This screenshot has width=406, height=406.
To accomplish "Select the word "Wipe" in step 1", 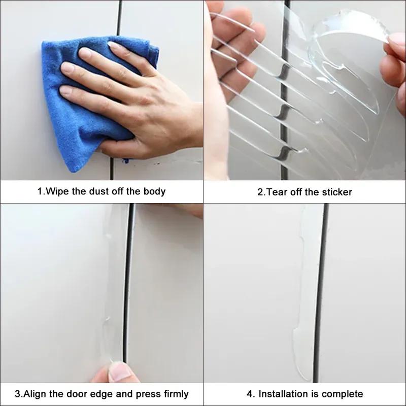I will [x=56, y=192].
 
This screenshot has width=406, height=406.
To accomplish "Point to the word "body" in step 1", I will [x=154, y=192].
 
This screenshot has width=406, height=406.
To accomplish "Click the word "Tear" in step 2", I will [x=278, y=192].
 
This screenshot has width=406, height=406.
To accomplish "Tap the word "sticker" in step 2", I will [x=336, y=192].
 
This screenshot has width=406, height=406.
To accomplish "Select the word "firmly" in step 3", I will [x=173, y=394].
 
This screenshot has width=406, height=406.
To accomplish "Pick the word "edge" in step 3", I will [x=109, y=394].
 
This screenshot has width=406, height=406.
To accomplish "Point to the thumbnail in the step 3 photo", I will [x=118, y=372].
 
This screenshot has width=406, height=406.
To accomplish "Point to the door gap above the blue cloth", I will [x=120, y=18].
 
